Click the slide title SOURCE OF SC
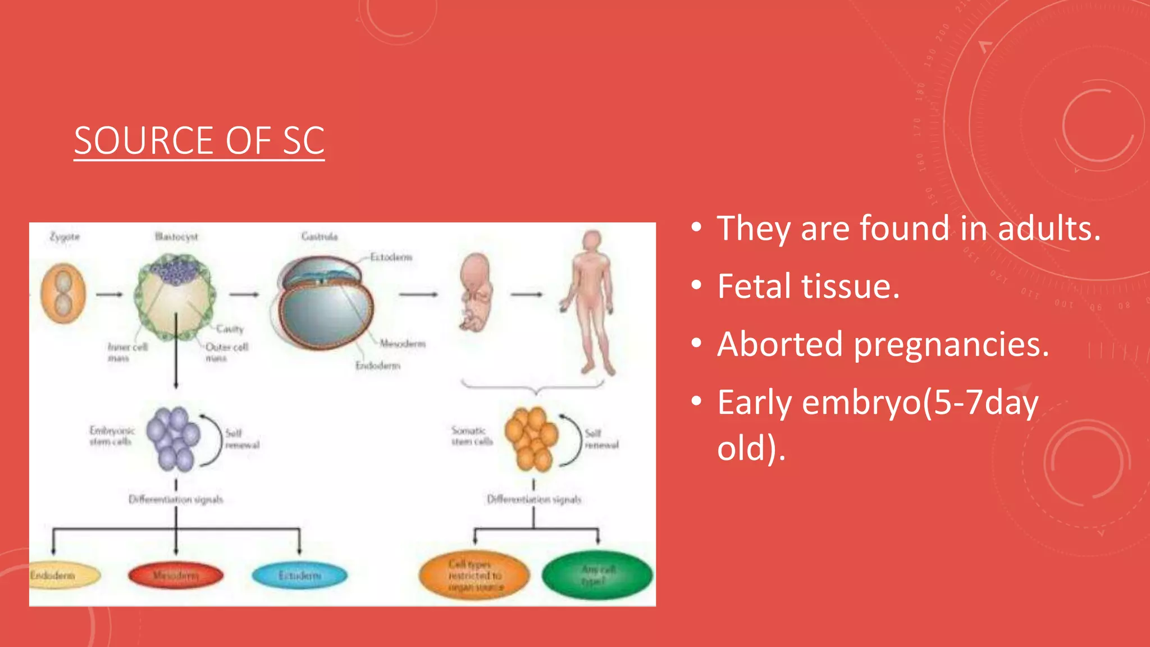pyautogui.click(x=199, y=140)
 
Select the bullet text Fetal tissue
pyautogui.click(x=808, y=286)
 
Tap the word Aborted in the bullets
pyautogui.click(x=780, y=344)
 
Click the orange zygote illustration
pyautogui.click(x=63, y=294)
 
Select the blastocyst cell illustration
pyautogui.click(x=175, y=297)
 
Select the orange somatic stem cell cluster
pyautogui.click(x=531, y=439)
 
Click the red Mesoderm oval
pyautogui.click(x=176, y=575)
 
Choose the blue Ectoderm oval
pyautogui.click(x=299, y=576)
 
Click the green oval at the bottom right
pyautogui.click(x=597, y=575)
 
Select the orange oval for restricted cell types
pyautogui.click(x=474, y=575)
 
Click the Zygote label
pyautogui.click(x=65, y=236)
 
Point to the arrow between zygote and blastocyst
pyautogui.click(x=109, y=294)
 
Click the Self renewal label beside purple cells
pyautogui.click(x=241, y=439)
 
